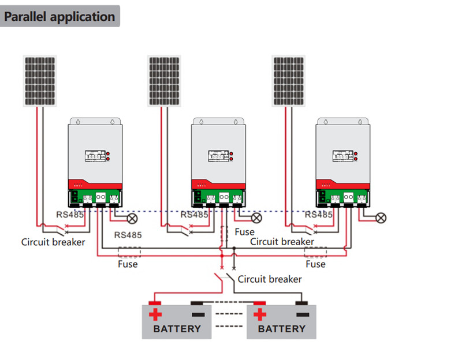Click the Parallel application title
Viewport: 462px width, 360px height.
coord(60,16)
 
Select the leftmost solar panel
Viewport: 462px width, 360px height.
coord(40,81)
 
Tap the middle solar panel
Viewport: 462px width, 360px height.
coord(165,81)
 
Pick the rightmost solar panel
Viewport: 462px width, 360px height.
coord(289,81)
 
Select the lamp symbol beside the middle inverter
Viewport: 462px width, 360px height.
coord(256,217)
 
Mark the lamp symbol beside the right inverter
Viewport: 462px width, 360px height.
coord(381,217)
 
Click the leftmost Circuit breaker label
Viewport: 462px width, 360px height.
coord(53,242)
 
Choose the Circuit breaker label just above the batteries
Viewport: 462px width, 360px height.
coord(270,279)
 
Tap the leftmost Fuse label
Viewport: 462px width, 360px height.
coord(128,264)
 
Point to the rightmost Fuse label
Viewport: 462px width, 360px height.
coord(315,264)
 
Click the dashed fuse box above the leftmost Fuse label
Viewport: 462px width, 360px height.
coord(129,252)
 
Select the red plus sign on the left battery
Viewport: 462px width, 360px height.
coord(155,315)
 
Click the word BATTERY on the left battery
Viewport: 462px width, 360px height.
coord(177,329)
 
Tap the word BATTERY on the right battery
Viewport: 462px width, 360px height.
coord(281,329)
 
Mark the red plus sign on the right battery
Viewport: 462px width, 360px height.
coord(260,315)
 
